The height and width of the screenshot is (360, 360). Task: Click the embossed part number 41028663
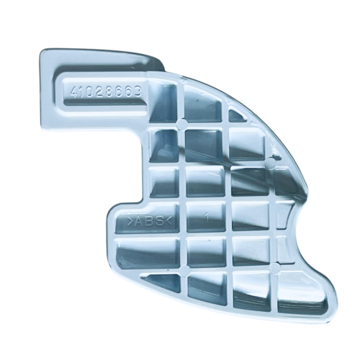[x=105, y=91]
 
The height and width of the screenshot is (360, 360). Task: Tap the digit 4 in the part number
[x=74, y=92]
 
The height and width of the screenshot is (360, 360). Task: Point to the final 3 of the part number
[x=137, y=91]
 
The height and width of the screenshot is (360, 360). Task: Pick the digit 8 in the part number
[x=110, y=91]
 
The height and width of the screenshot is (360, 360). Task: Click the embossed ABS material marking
[x=150, y=220]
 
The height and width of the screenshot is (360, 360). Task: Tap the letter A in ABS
[x=139, y=221]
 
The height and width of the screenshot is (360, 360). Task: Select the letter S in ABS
[x=160, y=220]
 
